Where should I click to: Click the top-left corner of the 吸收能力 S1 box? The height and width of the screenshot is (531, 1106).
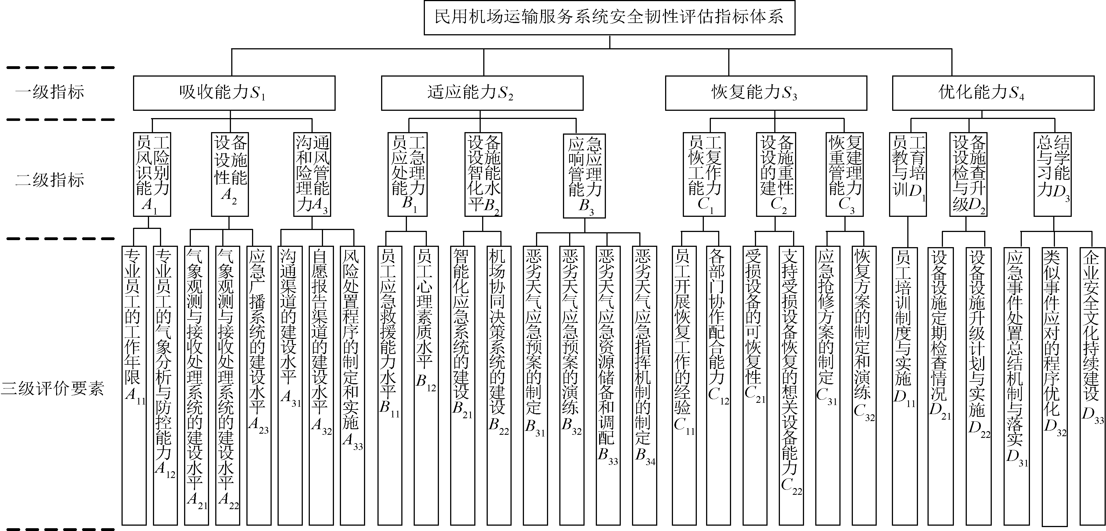click(134, 76)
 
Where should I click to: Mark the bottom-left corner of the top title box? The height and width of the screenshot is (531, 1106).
click(424, 34)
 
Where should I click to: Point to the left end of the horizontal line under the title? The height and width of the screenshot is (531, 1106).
click(232, 49)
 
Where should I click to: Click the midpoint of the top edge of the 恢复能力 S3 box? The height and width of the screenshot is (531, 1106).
click(766, 76)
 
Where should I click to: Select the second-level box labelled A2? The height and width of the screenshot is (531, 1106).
click(230, 174)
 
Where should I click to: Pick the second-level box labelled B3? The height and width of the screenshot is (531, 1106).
click(584, 176)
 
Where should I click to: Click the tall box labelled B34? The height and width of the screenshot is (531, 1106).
click(644, 385)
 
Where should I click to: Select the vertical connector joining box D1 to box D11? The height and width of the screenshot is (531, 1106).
click(908, 232)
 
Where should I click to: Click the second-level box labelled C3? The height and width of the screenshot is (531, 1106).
click(844, 174)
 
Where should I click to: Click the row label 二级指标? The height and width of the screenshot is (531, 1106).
click(50, 180)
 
